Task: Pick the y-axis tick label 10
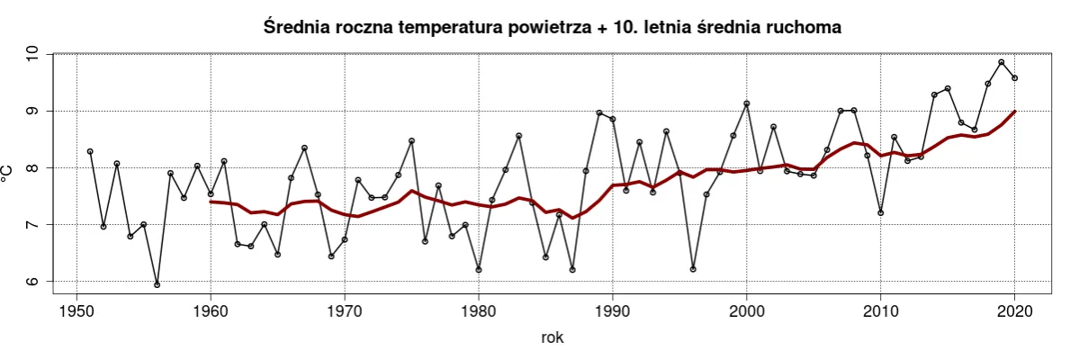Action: (33, 55)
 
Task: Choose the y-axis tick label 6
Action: (33, 281)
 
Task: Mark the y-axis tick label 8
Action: (33, 168)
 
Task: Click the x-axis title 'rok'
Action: (553, 338)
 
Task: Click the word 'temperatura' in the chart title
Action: (455, 28)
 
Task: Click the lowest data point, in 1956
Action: (157, 285)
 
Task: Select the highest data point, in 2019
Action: (1002, 62)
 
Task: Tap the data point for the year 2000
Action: (747, 103)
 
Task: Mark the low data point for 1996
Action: (693, 269)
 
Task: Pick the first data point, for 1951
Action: (90, 151)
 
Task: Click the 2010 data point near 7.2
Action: (881, 213)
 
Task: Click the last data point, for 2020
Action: (1015, 78)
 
